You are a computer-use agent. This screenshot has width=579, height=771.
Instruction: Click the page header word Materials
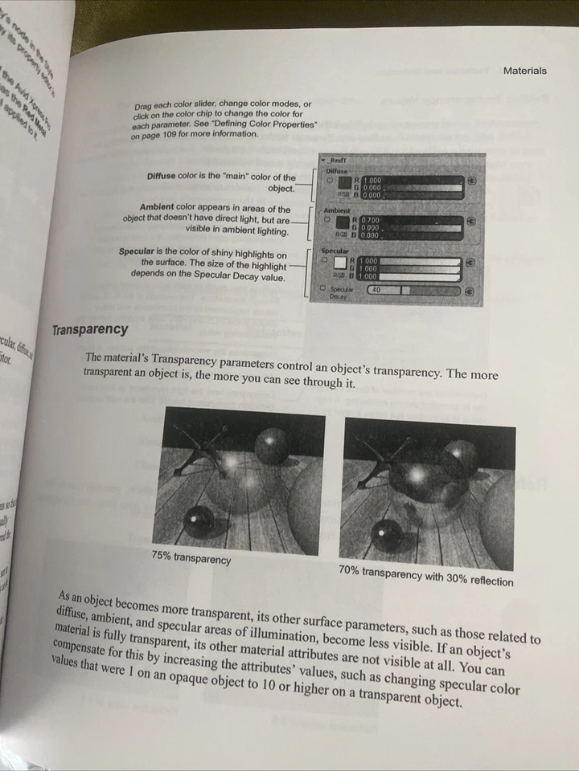tap(524, 71)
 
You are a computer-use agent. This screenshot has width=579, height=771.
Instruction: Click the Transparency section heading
tap(89, 330)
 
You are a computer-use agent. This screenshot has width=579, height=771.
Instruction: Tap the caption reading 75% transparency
tap(191, 557)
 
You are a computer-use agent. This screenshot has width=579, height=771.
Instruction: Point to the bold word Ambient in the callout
tap(162, 208)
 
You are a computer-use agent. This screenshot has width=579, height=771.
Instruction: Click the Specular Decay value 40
tap(376, 289)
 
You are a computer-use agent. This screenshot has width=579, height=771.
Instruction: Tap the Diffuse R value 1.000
tap(372, 180)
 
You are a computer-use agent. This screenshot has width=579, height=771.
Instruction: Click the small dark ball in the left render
tap(198, 523)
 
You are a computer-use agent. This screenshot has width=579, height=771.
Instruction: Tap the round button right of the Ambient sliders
tap(471, 221)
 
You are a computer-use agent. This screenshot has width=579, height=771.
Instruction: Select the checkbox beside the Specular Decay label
tap(323, 287)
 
